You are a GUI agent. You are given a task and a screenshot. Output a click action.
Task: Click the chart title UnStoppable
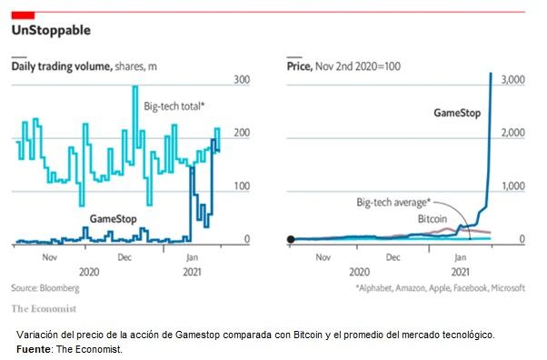tap(51, 31)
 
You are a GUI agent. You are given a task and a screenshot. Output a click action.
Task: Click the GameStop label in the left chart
tap(113, 219)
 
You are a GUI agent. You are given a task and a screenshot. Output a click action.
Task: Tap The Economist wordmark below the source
tap(44, 306)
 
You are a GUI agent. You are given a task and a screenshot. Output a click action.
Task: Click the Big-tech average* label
tap(393, 202)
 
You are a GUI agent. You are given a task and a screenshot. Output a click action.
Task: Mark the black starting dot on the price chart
tap(291, 240)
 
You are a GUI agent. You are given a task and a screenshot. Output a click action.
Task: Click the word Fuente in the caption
tap(35, 348)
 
